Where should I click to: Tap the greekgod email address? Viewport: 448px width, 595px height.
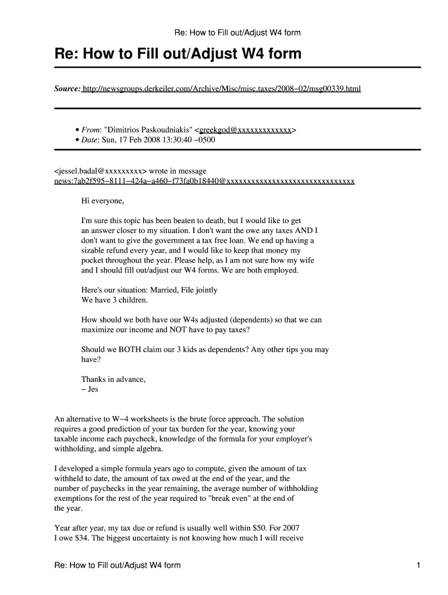(246, 130)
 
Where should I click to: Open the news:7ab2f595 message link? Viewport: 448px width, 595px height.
(204, 181)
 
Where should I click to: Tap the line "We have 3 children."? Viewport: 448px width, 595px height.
(115, 300)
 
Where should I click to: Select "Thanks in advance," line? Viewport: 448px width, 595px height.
(113, 379)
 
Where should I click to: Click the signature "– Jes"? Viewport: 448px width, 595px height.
(90, 389)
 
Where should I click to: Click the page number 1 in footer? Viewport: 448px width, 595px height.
(418, 565)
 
